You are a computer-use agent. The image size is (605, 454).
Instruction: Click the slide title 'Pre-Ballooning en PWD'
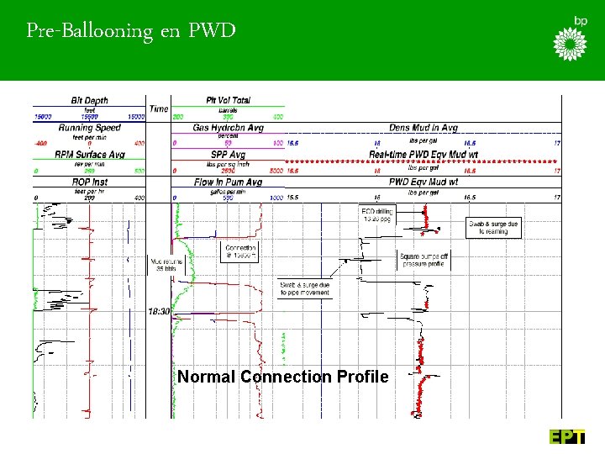(130, 32)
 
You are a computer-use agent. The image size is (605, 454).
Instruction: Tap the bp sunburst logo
(572, 43)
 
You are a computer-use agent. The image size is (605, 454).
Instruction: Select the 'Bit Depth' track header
(88, 100)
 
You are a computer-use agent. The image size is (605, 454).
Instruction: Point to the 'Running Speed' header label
(88, 128)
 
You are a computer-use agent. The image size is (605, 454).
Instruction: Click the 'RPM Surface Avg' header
(88, 155)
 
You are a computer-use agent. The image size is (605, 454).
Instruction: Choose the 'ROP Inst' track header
(88, 182)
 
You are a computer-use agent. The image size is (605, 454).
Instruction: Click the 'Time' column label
(158, 108)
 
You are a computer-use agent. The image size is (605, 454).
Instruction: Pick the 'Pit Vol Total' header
(228, 100)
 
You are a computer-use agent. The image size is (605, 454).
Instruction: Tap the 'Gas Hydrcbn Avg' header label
(228, 128)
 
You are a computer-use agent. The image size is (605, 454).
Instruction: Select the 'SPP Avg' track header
(228, 155)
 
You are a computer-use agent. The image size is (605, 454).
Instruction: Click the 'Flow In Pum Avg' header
(228, 182)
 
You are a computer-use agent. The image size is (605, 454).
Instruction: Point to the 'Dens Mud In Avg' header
(423, 128)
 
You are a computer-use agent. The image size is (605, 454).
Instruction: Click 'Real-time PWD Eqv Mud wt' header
(423, 155)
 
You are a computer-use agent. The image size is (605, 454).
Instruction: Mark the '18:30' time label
(160, 311)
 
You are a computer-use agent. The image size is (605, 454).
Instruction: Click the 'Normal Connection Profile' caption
(283, 377)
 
